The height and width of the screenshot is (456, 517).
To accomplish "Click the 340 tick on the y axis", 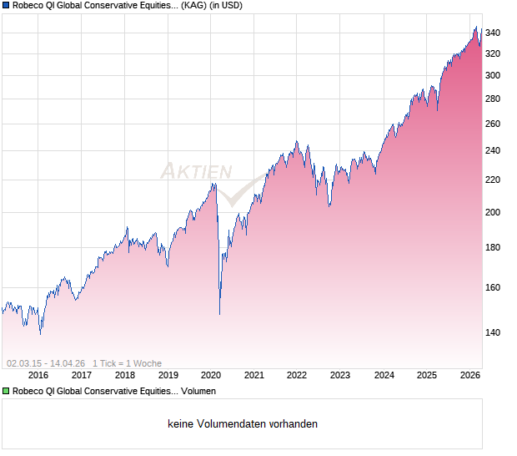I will tap(493, 33).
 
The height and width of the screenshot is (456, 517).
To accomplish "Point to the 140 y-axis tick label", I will tap(493, 332).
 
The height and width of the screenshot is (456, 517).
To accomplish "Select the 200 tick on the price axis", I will tap(493, 212).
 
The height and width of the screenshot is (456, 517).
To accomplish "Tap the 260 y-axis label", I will tap(493, 124).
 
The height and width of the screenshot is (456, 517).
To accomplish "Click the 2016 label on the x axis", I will tap(38, 375).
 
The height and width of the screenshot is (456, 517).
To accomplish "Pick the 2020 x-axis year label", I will tap(211, 375).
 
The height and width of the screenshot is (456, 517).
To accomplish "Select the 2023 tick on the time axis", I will tap(340, 375).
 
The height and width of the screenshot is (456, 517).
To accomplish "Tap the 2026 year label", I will tap(469, 375).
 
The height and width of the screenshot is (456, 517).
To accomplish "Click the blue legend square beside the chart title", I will tap(6, 5).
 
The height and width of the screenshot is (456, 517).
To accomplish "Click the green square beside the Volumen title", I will tap(6, 391).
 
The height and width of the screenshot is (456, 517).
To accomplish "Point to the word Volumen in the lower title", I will tap(198, 391).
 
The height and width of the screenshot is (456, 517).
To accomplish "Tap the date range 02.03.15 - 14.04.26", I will tap(46, 363).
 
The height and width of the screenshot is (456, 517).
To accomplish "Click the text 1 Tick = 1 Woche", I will tap(127, 363).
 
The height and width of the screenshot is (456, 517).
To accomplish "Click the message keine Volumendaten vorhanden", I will tap(243, 424).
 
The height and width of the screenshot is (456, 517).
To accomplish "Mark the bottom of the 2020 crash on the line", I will tap(219, 314).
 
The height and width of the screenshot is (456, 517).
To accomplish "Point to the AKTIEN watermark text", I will tap(197, 171).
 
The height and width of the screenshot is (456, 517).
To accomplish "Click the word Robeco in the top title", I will tap(30, 5).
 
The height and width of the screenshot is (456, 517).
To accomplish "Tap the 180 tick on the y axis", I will tap(493, 247).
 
